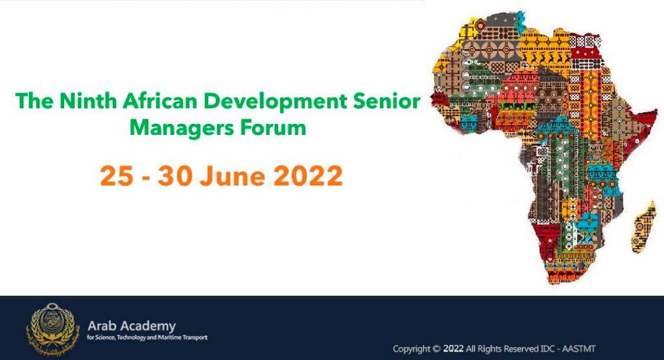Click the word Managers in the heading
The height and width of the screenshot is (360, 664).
coord(182,128)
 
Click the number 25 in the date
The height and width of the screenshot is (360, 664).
coord(117,175)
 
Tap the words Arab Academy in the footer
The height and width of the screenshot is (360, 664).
coord(132,326)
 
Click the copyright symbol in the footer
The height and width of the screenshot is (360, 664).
coord(436,349)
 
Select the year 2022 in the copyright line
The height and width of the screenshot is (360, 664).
coord(453,349)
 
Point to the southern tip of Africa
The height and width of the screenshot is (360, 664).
coord(558,282)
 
